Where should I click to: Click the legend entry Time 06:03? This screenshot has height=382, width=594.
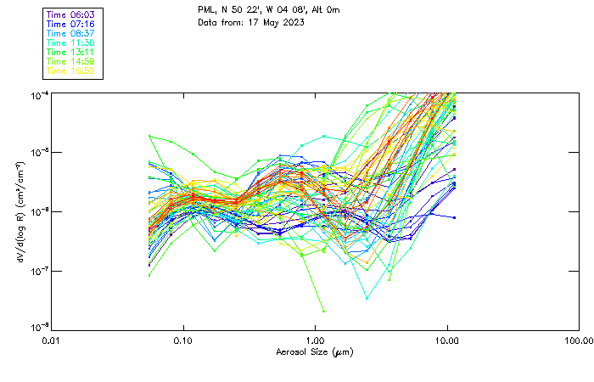click(71, 14)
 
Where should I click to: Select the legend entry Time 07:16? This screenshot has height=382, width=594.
click(71, 23)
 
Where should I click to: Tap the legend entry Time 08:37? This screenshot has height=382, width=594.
click(71, 32)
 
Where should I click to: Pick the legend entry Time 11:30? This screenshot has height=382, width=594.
click(71, 42)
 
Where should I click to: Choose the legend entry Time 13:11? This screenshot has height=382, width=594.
click(71, 52)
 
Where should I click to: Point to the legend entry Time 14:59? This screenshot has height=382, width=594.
click(71, 61)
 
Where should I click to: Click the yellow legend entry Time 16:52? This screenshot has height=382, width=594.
click(71, 70)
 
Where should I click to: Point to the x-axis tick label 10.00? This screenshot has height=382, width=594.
click(446, 340)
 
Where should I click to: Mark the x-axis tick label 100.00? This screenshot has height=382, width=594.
click(578, 340)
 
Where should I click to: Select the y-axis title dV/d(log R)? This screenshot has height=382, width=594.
click(20, 211)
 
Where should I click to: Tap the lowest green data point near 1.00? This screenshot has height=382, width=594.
click(323, 311)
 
